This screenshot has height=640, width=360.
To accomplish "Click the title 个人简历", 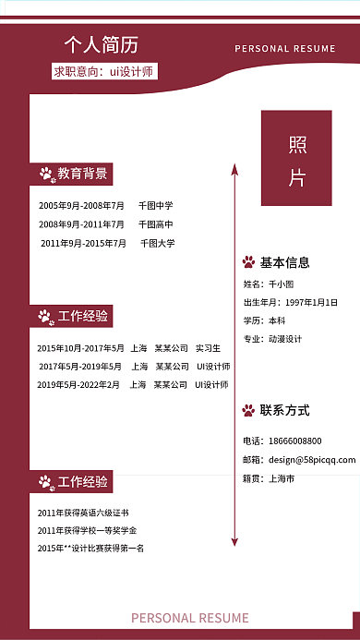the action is [101, 44].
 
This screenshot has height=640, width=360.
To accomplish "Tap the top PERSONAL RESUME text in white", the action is [285, 49].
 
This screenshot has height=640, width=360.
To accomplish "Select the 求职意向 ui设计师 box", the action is [103, 71].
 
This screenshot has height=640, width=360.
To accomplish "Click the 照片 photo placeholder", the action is [296, 158].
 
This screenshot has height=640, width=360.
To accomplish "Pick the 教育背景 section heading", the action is [82, 174].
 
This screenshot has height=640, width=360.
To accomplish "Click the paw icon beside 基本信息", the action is [248, 262].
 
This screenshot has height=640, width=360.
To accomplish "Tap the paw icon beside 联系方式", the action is [248, 410].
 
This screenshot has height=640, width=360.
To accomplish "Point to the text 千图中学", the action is [155, 206].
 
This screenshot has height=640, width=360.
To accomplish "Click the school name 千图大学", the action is [157, 244].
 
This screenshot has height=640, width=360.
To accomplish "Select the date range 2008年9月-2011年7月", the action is [81, 224].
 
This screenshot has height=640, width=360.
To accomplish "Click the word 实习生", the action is [208, 348].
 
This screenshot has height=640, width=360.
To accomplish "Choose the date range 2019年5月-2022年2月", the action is [78, 385].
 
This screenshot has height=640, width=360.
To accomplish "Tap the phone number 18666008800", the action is [294, 441].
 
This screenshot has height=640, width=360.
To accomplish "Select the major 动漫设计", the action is [285, 339].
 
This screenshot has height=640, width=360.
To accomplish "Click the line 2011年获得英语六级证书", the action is [83, 512].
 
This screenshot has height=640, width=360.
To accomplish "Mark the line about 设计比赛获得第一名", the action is [90, 549].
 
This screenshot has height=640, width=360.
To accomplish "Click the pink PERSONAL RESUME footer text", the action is [189, 618].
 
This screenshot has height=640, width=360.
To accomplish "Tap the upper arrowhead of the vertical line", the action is [234, 169].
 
